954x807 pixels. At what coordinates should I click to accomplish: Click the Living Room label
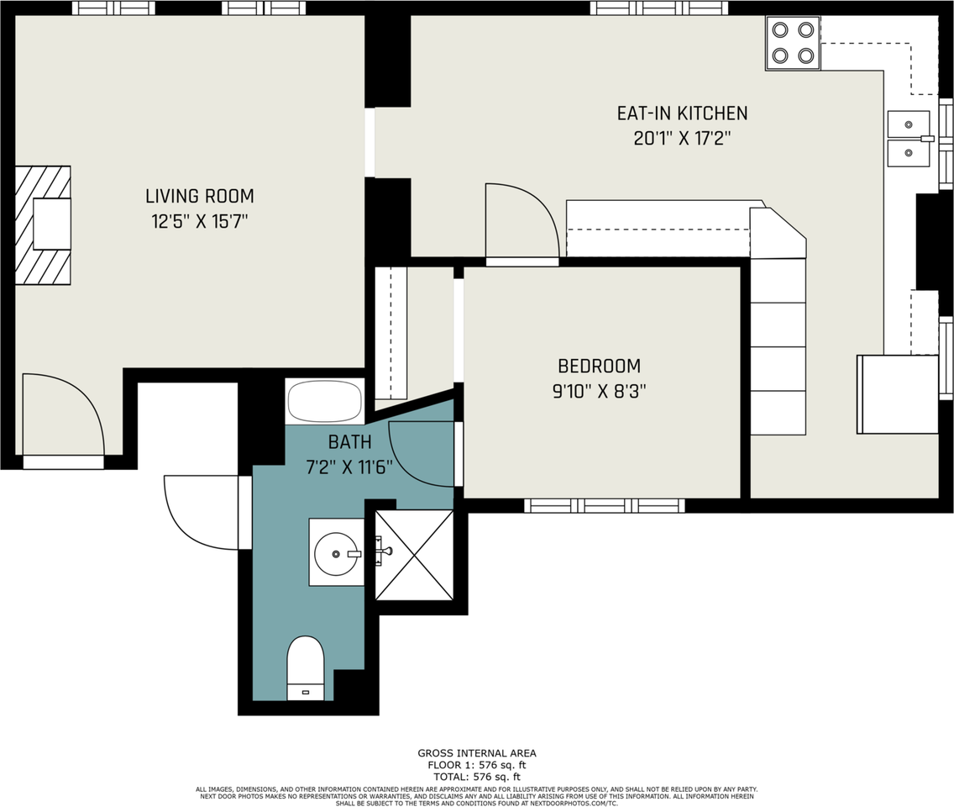[200, 196]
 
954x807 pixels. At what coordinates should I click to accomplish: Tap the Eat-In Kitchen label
[682, 113]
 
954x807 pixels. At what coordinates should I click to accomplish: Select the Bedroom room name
[600, 366]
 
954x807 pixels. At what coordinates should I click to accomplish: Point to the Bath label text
[350, 442]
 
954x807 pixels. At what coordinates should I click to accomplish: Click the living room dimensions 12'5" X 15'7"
[200, 221]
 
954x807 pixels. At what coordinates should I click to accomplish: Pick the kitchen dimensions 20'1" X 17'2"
[682, 139]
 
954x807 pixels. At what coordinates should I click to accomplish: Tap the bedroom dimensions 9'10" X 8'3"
[600, 391]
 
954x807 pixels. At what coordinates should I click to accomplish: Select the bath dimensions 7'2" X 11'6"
[349, 467]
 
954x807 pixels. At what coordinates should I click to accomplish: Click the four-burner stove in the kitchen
[793, 44]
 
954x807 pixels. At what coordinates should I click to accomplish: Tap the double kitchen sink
[909, 138]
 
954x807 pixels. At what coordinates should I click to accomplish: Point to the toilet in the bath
[305, 668]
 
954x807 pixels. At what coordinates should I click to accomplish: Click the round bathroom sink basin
[336, 554]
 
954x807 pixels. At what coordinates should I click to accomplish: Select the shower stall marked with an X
[414, 555]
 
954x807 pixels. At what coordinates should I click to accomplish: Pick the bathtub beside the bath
[325, 401]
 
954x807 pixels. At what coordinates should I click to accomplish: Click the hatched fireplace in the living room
[43, 224]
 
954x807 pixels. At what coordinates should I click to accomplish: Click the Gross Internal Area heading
[477, 753]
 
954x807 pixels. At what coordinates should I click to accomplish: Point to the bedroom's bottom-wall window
[604, 505]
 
